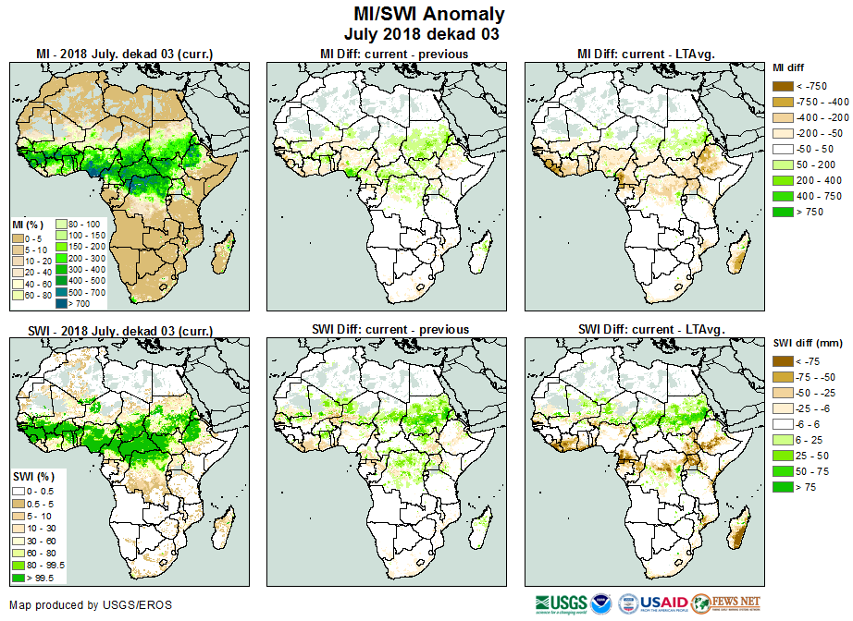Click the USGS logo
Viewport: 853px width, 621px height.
[x=561, y=604]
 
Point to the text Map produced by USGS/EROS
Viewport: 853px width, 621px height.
[x=91, y=605]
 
